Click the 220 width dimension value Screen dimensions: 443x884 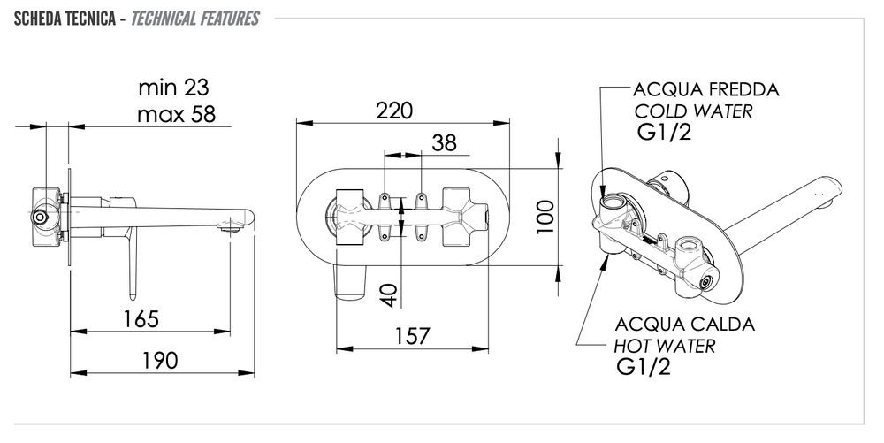(394, 111)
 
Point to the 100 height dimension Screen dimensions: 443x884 (545, 215)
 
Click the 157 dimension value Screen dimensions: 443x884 (411, 336)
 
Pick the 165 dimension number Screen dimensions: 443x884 (141, 318)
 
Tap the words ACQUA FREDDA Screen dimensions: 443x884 (706, 91)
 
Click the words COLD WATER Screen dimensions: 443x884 (693, 112)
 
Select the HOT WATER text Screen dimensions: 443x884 (665, 346)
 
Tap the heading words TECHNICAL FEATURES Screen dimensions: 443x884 (194, 19)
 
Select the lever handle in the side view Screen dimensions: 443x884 (131, 265)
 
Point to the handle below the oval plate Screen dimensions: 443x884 (352, 282)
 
